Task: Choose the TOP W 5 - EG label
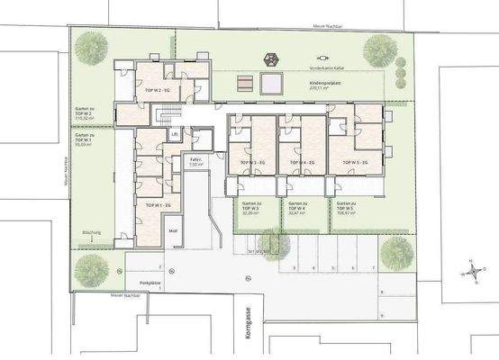(x=355, y=162)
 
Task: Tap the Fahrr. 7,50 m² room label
(x=195, y=164)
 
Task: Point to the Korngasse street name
(x=246, y=325)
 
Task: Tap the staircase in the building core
(x=163, y=114)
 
